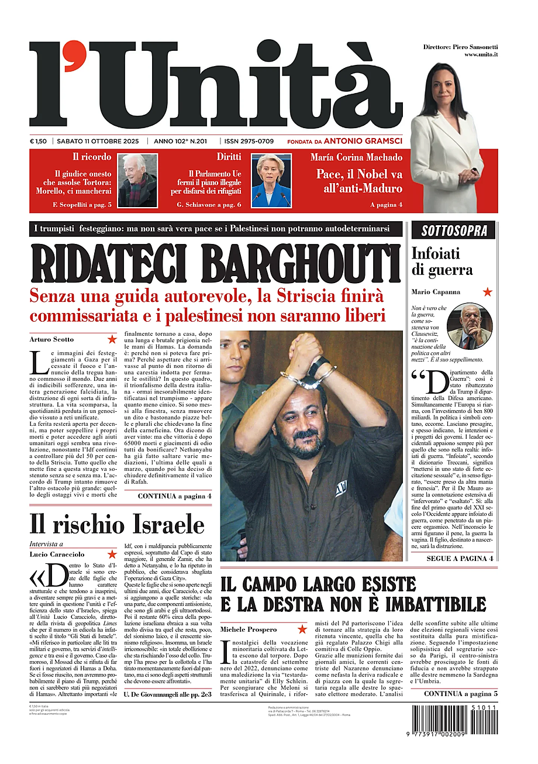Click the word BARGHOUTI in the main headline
coord(305,264)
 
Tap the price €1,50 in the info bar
coord(39,141)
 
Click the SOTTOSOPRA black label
coord(454,230)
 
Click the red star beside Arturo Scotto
coord(112,339)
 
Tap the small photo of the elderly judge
coord(137,180)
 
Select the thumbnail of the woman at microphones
coord(271,180)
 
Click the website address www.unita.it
coord(481,54)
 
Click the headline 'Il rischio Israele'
coord(117,525)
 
